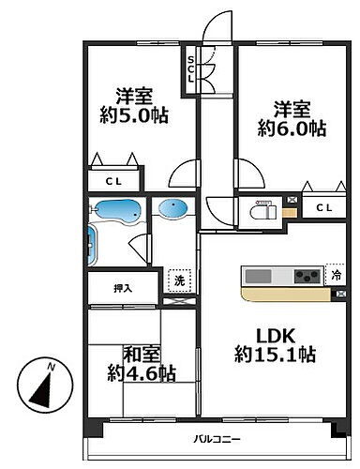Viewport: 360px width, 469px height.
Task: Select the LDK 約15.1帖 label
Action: [274, 345]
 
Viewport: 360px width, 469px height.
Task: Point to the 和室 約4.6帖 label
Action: [142, 364]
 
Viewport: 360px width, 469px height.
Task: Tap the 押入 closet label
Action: [122, 288]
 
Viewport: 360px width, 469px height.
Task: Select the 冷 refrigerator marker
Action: [335, 276]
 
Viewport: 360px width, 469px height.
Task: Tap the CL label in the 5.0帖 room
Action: [112, 181]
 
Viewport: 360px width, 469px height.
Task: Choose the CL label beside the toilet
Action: [323, 208]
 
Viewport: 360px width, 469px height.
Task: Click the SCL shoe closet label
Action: [191, 69]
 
